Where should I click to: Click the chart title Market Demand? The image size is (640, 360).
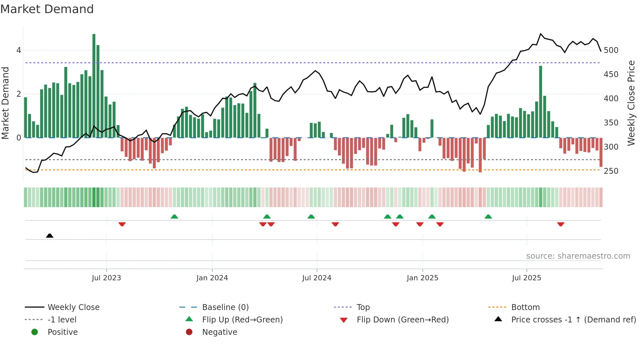click(x=47, y=9)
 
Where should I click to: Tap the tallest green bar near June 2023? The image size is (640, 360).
click(x=94, y=86)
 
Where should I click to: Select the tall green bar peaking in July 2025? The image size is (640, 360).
click(x=540, y=101)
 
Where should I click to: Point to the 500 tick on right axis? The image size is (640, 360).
click(x=611, y=50)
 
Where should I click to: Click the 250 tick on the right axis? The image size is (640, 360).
click(x=611, y=171)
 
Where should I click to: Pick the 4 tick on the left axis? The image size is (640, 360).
click(x=19, y=50)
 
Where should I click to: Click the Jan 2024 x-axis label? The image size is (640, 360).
click(x=212, y=278)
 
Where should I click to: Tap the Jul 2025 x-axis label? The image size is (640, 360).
click(x=526, y=278)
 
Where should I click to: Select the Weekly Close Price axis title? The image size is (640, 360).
click(x=631, y=103)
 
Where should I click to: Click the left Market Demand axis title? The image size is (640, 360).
click(x=5, y=103)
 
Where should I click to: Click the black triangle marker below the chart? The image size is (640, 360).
click(x=50, y=236)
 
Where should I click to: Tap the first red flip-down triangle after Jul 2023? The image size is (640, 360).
click(x=122, y=224)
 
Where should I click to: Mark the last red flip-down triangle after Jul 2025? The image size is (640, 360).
click(x=561, y=224)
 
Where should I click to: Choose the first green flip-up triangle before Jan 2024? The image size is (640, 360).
click(x=174, y=217)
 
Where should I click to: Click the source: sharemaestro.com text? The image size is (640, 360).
click(x=578, y=256)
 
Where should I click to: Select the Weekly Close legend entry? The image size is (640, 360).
click(x=73, y=307)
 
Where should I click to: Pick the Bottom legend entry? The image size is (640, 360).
click(x=525, y=307)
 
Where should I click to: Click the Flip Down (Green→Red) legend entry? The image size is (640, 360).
click(x=402, y=320)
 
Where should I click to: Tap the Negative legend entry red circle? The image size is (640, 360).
click(x=189, y=332)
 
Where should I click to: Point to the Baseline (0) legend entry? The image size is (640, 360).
click(x=225, y=307)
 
